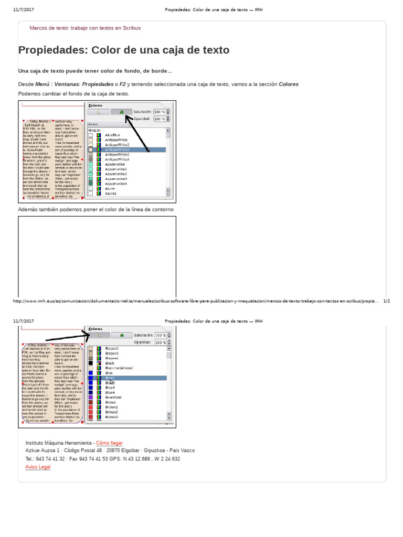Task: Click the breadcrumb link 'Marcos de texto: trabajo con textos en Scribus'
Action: (x=85, y=28)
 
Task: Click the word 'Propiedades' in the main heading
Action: (x=53, y=50)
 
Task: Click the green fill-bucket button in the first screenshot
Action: (x=122, y=112)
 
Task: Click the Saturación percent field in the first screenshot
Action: (x=160, y=112)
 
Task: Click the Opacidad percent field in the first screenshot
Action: (x=160, y=119)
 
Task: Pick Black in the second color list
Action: (x=110, y=363)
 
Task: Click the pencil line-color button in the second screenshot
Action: (x=99, y=335)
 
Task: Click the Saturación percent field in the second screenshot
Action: (x=160, y=335)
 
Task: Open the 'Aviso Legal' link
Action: (x=38, y=467)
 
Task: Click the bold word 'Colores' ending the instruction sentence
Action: (x=289, y=84)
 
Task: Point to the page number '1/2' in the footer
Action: (x=387, y=302)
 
